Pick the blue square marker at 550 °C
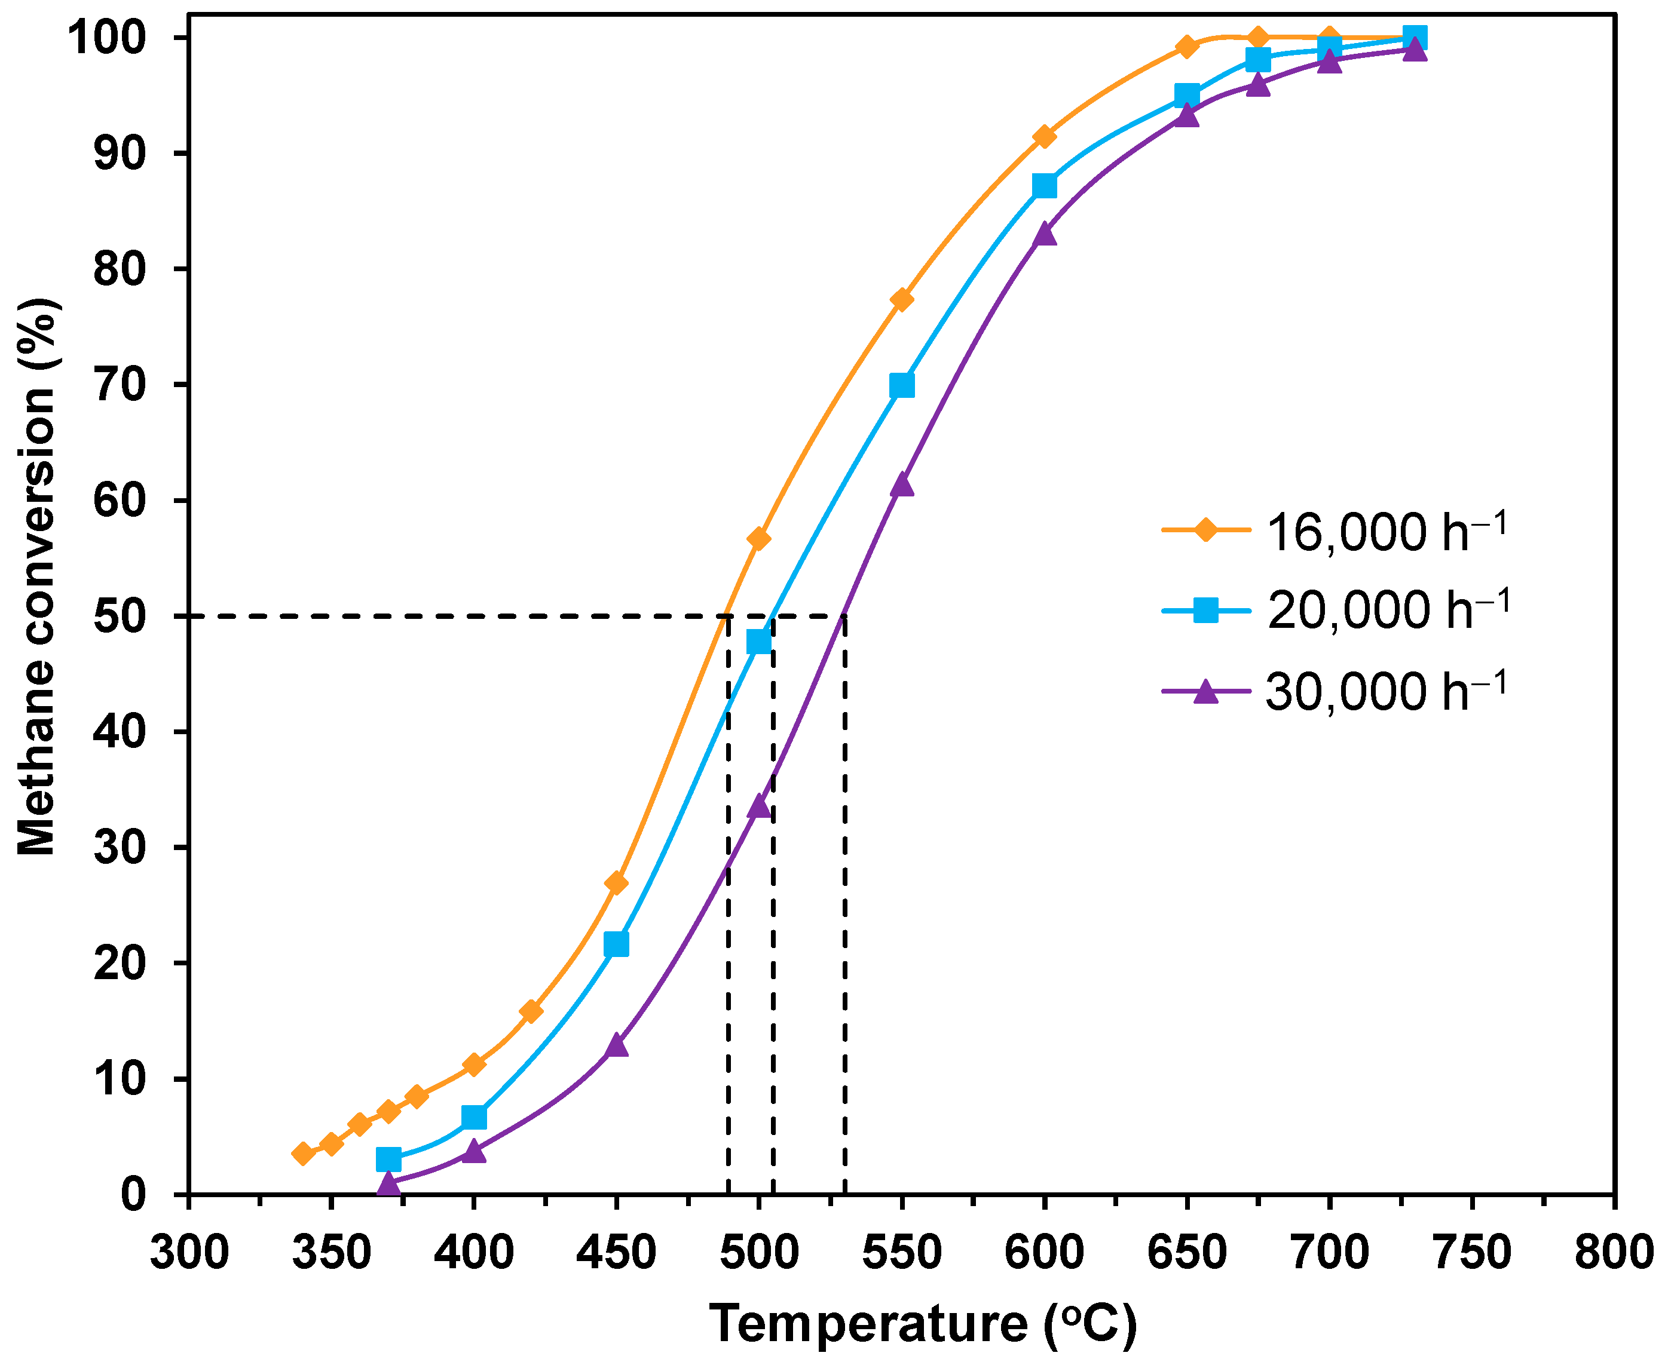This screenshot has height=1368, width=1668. [x=901, y=385]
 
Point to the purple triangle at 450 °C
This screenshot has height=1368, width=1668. [x=616, y=1045]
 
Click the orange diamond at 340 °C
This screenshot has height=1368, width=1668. [x=302, y=1154]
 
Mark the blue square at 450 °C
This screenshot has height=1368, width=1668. [x=616, y=944]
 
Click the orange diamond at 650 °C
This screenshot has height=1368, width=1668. [x=1186, y=47]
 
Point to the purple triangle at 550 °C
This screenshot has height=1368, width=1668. [x=901, y=484]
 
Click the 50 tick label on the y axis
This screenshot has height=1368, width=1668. [x=120, y=617]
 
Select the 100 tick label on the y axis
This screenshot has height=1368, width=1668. [x=106, y=38]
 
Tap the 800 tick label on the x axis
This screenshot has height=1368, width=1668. [x=1613, y=1252]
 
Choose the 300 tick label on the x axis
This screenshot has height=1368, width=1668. [x=189, y=1252]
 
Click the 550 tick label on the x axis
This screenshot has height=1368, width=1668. [x=901, y=1252]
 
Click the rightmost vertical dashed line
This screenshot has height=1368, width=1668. [x=844, y=906]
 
